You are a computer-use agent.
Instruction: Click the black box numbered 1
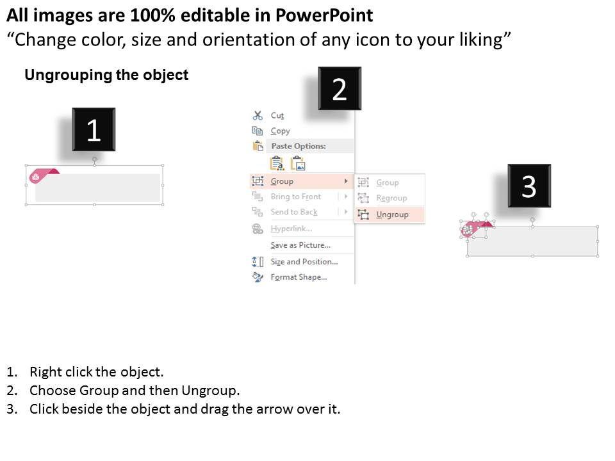(94, 129)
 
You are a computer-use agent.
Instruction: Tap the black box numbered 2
(340, 88)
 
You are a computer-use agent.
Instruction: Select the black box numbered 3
(529, 186)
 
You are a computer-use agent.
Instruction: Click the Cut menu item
(277, 116)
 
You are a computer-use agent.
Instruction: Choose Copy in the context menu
(280, 131)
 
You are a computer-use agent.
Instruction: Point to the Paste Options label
(299, 146)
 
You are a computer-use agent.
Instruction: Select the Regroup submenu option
(391, 198)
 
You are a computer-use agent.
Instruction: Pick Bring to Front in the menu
(296, 197)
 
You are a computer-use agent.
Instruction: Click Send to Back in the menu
(294, 212)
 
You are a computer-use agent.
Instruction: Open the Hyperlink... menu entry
(291, 229)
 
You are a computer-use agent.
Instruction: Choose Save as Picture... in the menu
(300, 245)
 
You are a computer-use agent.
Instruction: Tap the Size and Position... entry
(304, 261)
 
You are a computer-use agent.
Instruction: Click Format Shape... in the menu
(299, 277)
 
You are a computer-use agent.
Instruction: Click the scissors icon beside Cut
(258, 115)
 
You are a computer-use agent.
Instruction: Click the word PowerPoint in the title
(324, 15)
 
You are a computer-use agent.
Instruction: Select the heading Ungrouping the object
(106, 75)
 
